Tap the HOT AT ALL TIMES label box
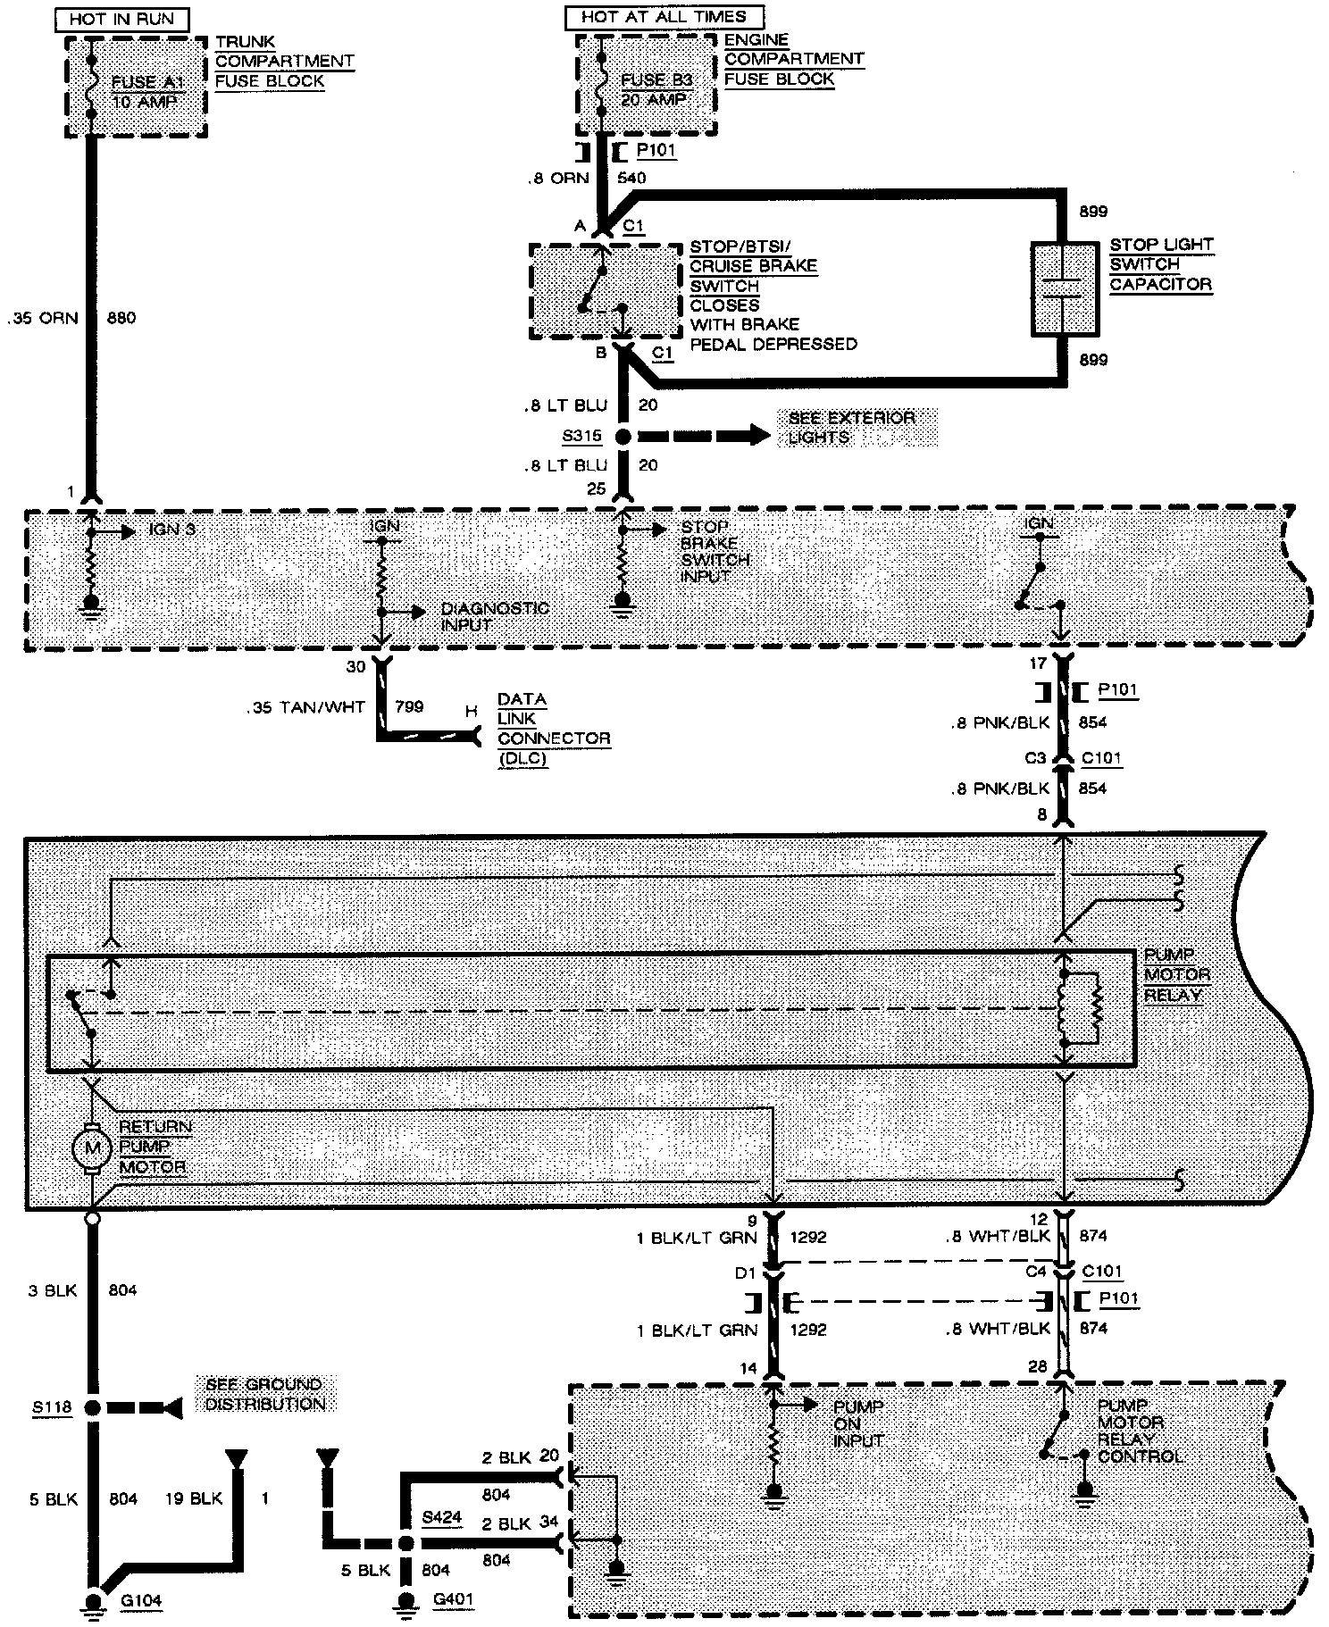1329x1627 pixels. click(663, 17)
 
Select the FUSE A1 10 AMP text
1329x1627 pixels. click(144, 92)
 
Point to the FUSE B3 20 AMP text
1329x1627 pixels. click(656, 89)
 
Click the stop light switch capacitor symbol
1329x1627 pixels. click(1064, 288)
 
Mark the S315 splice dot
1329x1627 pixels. click(623, 437)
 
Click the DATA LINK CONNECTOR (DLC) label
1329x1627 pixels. click(553, 730)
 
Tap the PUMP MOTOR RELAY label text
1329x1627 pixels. click(1175, 975)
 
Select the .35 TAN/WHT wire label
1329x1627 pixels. click(305, 707)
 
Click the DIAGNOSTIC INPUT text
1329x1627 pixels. click(494, 616)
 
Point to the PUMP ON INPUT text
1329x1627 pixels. click(857, 1423)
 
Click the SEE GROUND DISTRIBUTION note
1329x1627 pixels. click(263, 1394)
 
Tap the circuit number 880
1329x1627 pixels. click(121, 318)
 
